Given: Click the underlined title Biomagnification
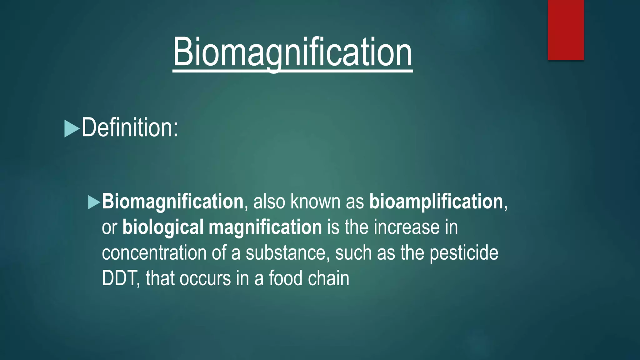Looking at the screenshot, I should coord(292,52).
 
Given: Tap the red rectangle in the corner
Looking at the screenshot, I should coord(566,30).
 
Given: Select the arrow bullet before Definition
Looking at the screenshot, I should coord(72,129).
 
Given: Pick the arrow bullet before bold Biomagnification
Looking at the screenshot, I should coord(94,202).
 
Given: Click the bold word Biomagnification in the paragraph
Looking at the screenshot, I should coord(172,202).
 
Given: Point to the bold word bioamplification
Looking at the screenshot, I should coord(436,202).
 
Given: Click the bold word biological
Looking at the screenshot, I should coord(163,227).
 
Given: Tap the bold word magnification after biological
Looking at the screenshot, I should coord(265,227).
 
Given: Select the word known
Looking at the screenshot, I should coord(315,202).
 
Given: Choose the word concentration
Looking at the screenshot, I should coord(154,253).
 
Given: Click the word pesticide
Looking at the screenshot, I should coord(464,253).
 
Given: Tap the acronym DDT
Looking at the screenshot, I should coord(119,278).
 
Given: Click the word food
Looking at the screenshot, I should coord(286,278).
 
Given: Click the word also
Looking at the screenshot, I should coord(269,202).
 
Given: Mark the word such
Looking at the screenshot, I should coord(353,253).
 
